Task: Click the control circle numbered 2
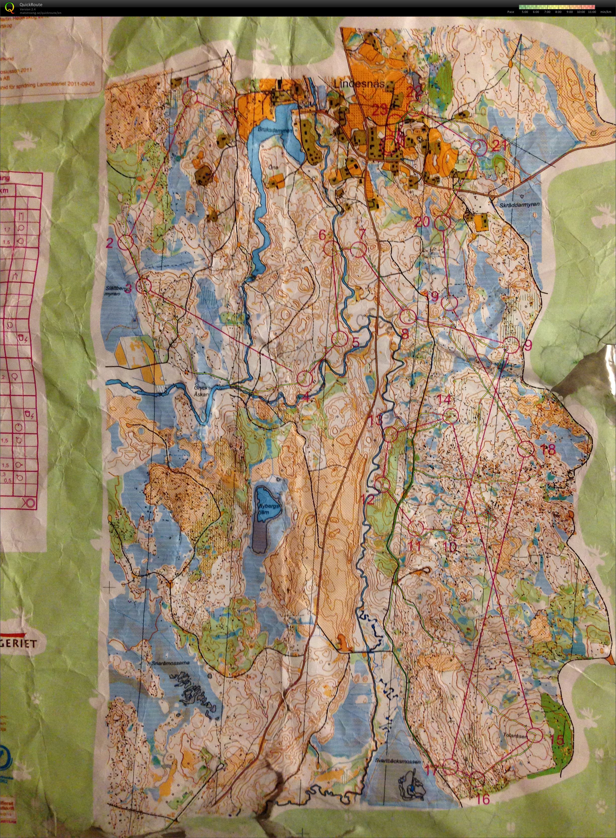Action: tap(126, 243)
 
